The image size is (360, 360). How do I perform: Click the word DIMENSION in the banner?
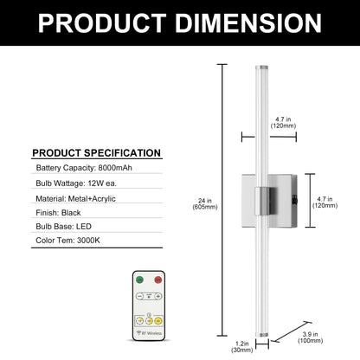pyautogui.click(x=248, y=22)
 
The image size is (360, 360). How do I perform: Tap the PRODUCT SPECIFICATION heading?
pyautogui.click(x=96, y=153)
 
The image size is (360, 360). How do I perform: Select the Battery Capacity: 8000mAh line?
pyautogui.click(x=84, y=168)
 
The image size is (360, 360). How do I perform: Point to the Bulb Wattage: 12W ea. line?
pyautogui.click(x=76, y=183)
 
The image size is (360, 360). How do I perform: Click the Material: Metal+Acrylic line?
pyautogui.click(x=75, y=199)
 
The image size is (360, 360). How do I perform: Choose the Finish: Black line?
pyautogui.click(x=58, y=213)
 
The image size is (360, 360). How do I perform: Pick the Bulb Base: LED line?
pyautogui.click(x=63, y=227)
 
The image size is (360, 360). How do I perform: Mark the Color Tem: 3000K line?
pyautogui.click(x=67, y=241)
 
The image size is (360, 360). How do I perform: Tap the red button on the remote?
pyautogui.click(x=157, y=280)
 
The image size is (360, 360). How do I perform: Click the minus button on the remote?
pyautogui.click(x=139, y=296)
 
